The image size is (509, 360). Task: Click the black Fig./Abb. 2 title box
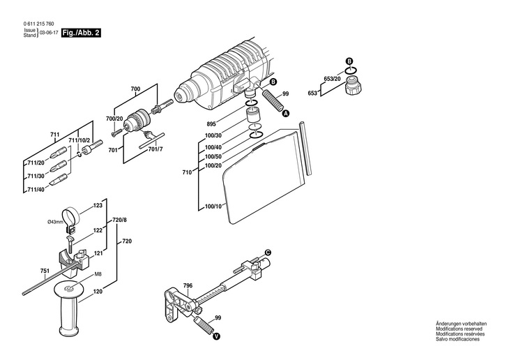pyautogui.click(x=80, y=33)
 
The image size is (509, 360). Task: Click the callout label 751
pyautogui.click(x=45, y=271)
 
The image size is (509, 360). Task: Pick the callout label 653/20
pyautogui.click(x=333, y=79)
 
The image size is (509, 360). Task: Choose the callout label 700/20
pyautogui.click(x=114, y=119)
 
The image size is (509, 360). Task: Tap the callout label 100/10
pyautogui.click(x=213, y=207)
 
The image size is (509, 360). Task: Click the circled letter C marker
pyautogui.click(x=268, y=251)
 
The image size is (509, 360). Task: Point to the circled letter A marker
pyautogui.click(x=287, y=113)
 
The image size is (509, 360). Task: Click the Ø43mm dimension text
pyautogui.click(x=56, y=222)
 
